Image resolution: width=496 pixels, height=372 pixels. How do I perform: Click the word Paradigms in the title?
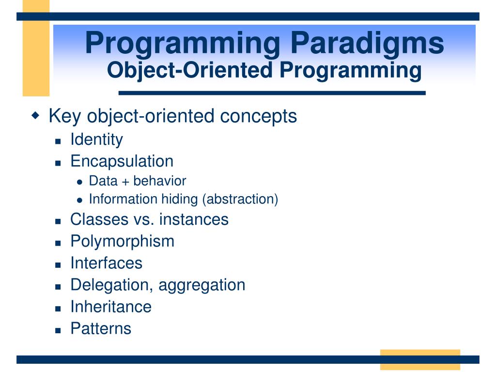coord(367,44)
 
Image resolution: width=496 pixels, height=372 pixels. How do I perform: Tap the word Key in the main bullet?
coord(65,116)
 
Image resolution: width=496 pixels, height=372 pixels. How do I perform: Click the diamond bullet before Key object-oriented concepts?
coord(36,115)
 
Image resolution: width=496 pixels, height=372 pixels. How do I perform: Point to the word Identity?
coord(97,139)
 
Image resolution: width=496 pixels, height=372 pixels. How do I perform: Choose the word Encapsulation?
coord(122,161)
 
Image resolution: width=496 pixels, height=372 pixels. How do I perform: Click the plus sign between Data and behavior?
coord(125,182)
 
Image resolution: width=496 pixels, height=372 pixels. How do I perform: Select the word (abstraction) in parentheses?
coord(240,199)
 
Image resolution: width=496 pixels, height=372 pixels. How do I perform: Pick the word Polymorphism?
coord(123,242)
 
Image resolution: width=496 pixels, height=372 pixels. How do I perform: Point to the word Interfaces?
coord(106,263)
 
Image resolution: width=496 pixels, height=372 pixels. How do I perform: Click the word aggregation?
coord(202,285)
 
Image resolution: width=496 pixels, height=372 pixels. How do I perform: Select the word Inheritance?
coord(111,307)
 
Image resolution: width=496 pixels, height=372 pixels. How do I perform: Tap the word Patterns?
coord(101,329)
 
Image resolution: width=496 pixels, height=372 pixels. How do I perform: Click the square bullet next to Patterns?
coord(58,331)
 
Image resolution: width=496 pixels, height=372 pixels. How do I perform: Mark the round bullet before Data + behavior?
coord(80,182)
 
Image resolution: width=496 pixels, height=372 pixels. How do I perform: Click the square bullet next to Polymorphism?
coord(58,244)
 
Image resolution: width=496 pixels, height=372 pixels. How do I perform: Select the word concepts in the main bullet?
coord(259,116)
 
